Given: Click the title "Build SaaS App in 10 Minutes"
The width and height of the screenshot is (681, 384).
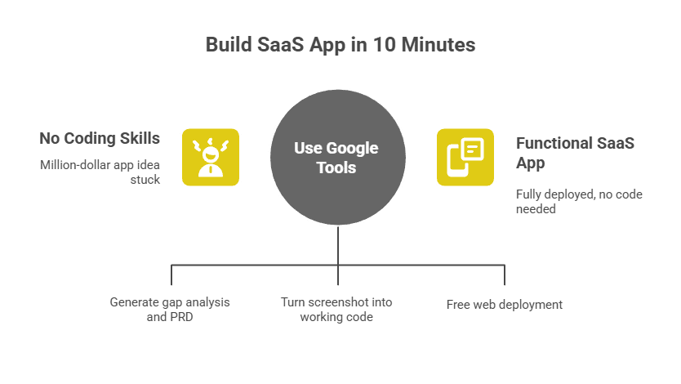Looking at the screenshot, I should point(340,45).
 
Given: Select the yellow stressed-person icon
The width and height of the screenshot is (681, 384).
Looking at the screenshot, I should point(211,157).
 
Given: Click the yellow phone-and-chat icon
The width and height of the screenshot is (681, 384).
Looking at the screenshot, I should point(465,157).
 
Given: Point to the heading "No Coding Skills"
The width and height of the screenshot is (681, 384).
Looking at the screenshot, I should point(100,137).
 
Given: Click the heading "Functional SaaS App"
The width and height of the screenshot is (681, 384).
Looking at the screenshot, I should point(575,152).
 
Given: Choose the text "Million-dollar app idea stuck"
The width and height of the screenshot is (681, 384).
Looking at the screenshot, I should point(100,172).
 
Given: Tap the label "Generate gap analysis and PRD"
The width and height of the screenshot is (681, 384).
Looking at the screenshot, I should point(170,309).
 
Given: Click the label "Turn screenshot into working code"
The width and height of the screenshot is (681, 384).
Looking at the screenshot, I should point(336,309).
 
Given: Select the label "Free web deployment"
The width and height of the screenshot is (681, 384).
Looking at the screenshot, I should point(504,305).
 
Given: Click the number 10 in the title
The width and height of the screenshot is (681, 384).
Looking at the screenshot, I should point(382,45).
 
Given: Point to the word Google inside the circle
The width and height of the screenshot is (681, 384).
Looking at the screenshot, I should point(352,148).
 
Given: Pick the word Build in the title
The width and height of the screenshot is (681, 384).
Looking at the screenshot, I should point(228,45).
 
